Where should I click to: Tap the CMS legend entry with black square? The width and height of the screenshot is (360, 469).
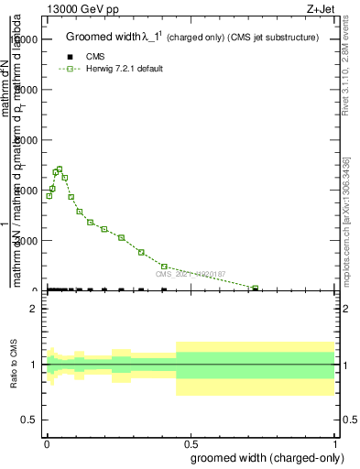point(95,57)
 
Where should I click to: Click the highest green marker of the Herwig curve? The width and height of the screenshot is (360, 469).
point(60,169)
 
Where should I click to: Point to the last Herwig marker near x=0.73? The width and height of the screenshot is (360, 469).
point(256,288)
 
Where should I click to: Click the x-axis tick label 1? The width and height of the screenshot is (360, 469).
point(336,443)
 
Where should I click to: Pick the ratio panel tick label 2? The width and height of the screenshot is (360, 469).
point(33,309)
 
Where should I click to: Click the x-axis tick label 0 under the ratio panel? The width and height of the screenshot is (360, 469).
point(47,443)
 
